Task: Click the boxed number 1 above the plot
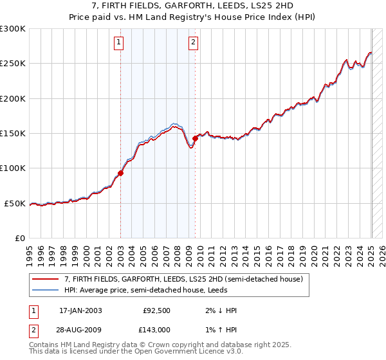tap(120, 43)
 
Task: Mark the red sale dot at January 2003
tap(121, 174)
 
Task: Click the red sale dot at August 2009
tap(195, 138)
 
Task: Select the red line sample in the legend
tap(46, 279)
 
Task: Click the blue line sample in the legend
tap(46, 290)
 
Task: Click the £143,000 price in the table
tap(156, 329)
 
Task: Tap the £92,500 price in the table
tap(155, 310)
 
